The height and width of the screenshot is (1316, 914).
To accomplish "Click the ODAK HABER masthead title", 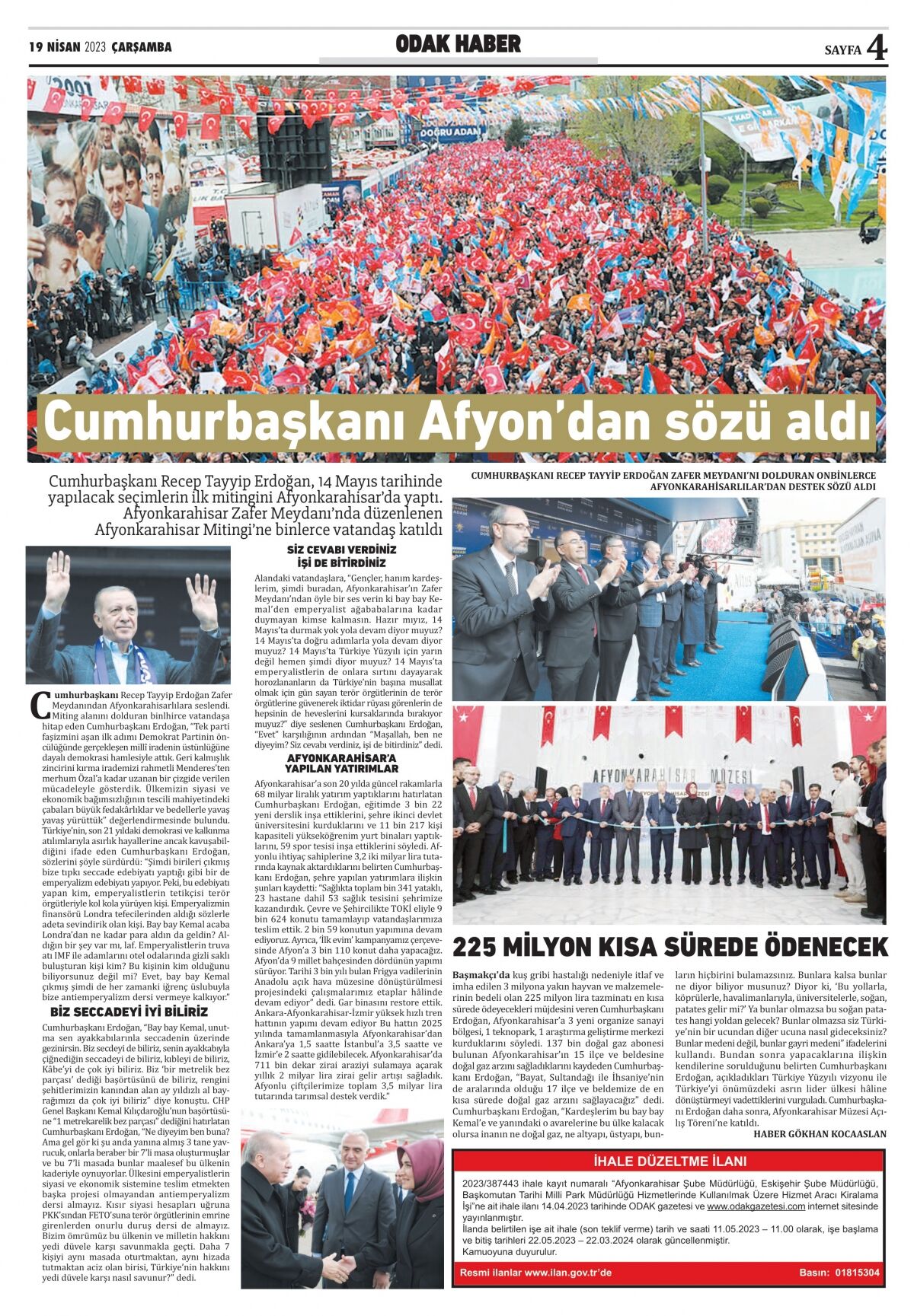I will point(458,45).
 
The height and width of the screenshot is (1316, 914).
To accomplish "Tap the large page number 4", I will point(877,49).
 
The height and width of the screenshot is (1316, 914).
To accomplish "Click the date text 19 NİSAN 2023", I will point(67,47).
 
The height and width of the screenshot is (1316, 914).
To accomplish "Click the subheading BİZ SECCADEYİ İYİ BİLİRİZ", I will point(129,1012).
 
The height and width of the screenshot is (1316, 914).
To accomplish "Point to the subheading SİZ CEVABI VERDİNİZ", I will point(341,550).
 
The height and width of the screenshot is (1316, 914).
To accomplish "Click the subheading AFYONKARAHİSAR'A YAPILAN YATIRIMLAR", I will point(341,763).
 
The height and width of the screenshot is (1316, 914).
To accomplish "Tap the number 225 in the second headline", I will point(482,947).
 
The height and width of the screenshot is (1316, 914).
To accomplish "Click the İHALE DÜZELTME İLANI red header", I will point(670,1161).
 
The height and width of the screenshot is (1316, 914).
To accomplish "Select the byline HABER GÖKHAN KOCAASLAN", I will point(820,1133).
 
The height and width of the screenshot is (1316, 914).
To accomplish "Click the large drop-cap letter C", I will point(39,704).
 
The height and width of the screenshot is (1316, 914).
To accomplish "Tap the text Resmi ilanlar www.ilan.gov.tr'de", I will point(535,1273).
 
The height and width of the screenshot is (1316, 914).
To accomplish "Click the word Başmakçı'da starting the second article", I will point(481,975).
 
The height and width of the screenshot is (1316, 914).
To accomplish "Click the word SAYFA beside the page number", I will point(842,50).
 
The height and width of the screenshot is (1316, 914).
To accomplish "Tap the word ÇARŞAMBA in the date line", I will point(142,47).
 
